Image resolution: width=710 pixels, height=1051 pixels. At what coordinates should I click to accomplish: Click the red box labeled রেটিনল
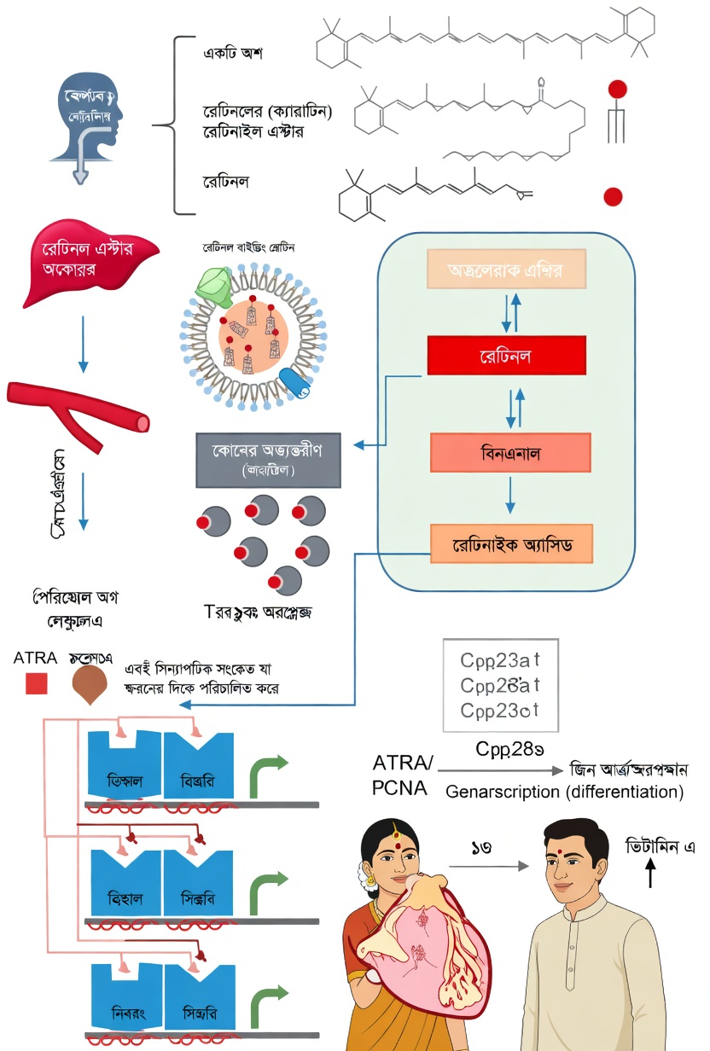pos(506,355)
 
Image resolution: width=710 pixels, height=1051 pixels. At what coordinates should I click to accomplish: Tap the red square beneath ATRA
pos(37,683)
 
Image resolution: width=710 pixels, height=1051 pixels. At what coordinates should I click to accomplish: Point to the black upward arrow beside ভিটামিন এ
pos(651,871)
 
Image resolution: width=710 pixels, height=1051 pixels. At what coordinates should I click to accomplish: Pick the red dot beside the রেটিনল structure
pos(613,197)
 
